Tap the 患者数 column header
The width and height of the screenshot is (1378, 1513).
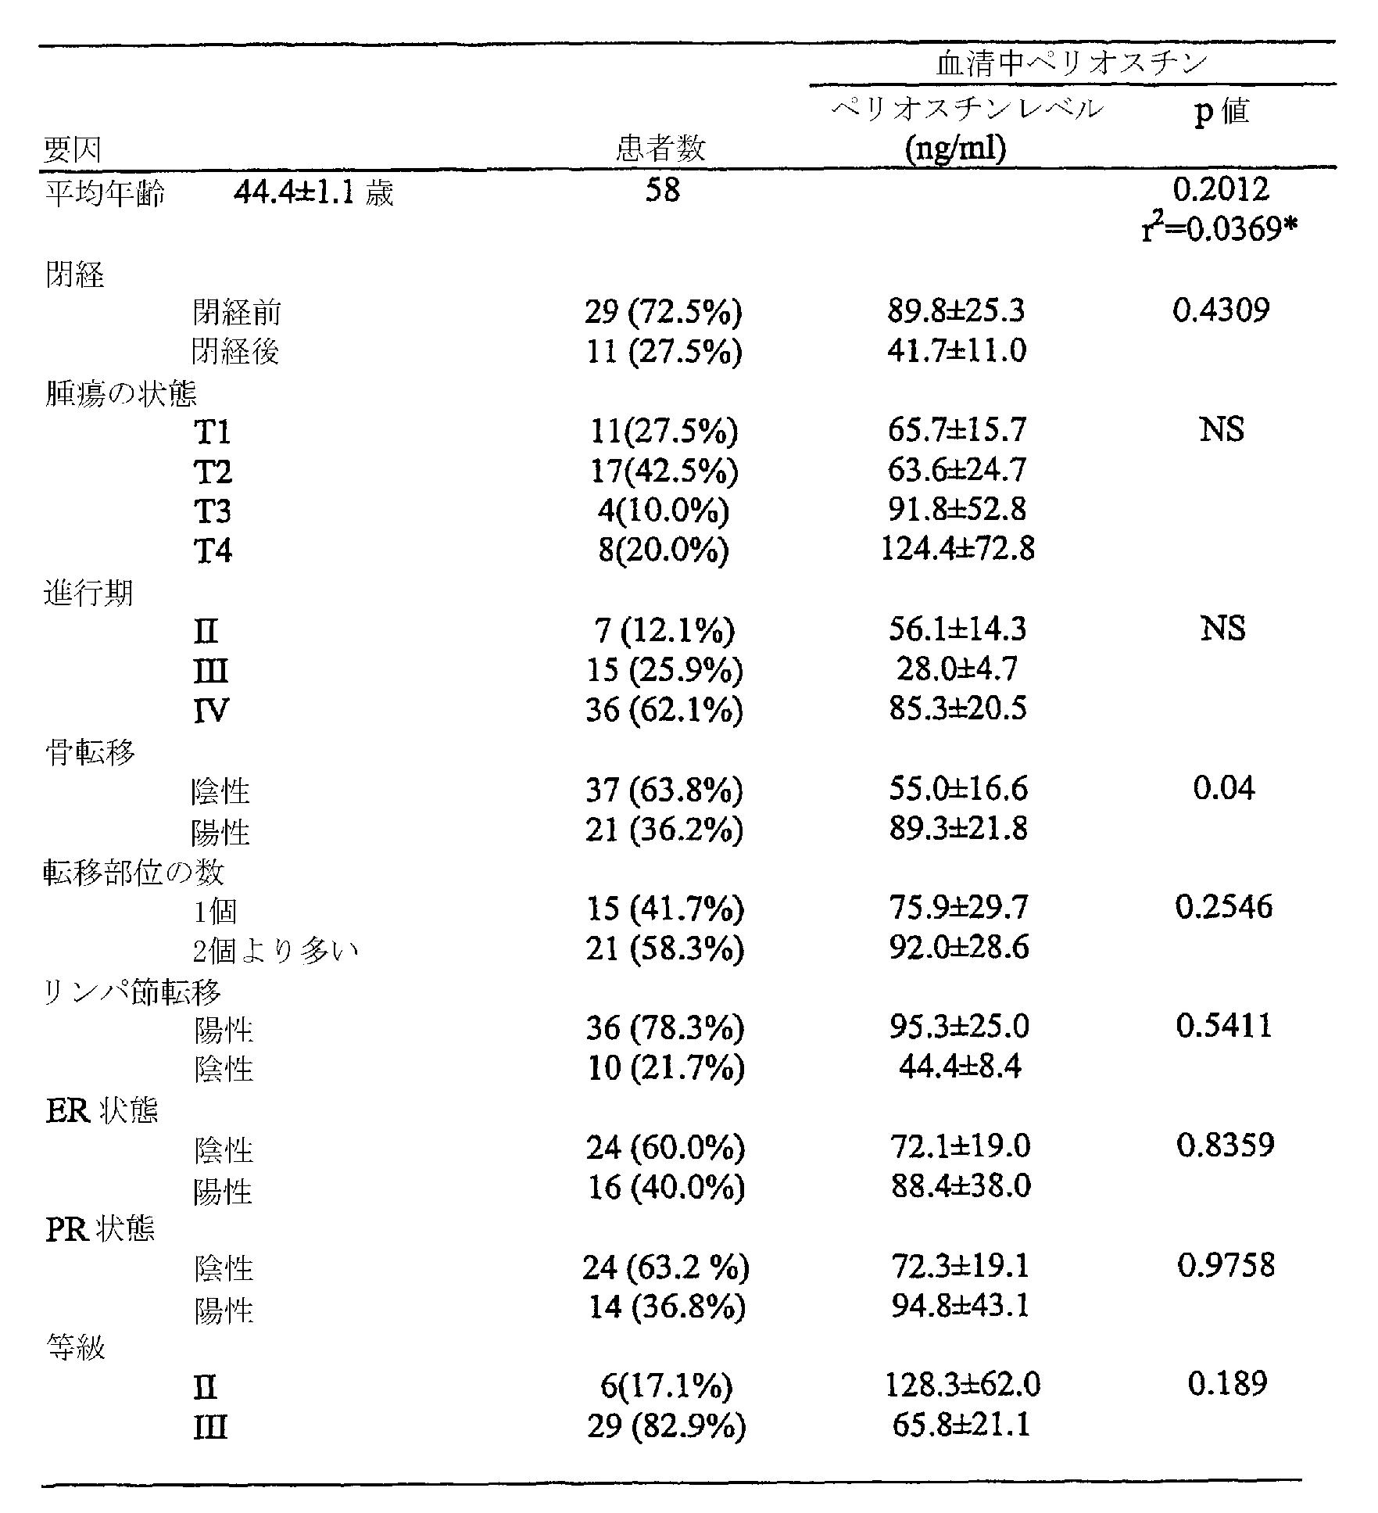pos(661,148)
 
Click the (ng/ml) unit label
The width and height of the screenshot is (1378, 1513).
pos(955,149)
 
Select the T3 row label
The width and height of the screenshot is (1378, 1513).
pos(213,511)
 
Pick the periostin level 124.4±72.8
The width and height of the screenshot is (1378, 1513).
pos(957,550)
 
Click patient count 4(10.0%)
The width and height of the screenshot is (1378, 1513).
pos(663,511)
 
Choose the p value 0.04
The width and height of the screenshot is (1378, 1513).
pos(1223,788)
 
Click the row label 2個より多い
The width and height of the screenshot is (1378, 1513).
pos(276,951)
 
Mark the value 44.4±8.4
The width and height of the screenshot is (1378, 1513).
pos(960,1067)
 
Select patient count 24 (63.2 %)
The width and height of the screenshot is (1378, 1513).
pos(665,1267)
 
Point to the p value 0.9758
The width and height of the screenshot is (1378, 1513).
pos(1226,1265)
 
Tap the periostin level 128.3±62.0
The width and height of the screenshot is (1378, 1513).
pos(962,1386)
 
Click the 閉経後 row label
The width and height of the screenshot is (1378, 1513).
pos(236,352)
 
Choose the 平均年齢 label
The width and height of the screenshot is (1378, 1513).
pos(105,193)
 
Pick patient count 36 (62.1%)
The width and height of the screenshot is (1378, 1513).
pos(663,710)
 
